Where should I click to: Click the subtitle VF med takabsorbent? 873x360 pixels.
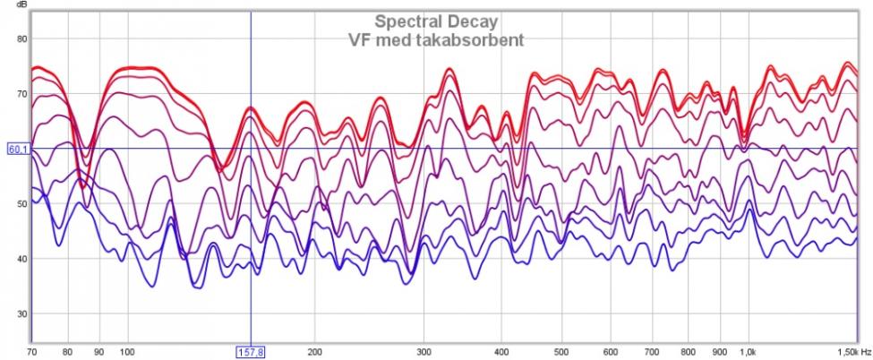click(x=436, y=39)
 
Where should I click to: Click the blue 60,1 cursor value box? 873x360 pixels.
click(x=18, y=150)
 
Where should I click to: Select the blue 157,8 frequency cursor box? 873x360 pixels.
click(x=250, y=353)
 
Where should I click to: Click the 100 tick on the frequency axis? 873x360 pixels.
click(x=127, y=353)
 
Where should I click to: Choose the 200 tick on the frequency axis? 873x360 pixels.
click(x=314, y=353)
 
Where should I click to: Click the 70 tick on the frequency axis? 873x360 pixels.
click(x=31, y=353)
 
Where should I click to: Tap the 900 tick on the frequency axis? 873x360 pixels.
click(x=720, y=353)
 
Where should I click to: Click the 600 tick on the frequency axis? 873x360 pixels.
click(x=611, y=353)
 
